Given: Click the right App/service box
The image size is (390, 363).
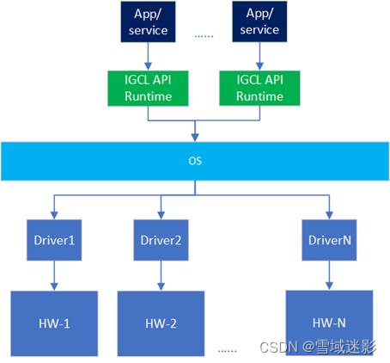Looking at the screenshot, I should point(259,22).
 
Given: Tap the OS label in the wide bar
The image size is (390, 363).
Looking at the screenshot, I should point(195,161).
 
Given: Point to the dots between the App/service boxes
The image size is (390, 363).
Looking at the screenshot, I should point(204,35).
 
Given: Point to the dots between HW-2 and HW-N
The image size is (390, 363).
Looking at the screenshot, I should point(228,350).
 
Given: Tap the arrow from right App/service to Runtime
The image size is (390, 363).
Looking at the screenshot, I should point(259,56).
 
